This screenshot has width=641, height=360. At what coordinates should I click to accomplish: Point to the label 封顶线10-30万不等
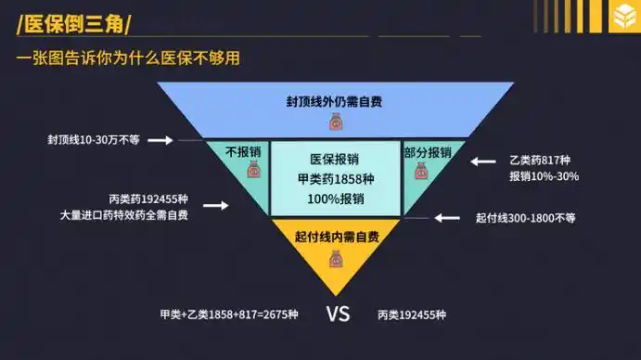point(94,140)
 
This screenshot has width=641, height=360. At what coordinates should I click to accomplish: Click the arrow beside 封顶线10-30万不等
point(160,140)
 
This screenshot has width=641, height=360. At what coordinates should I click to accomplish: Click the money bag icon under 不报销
point(251,170)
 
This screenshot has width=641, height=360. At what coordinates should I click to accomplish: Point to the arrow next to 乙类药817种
point(483,161)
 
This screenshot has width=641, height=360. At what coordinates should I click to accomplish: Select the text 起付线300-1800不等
point(525,218)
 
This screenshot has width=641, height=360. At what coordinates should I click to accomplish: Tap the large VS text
point(338,314)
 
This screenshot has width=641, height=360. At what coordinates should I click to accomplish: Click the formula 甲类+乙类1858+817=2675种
point(228,315)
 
